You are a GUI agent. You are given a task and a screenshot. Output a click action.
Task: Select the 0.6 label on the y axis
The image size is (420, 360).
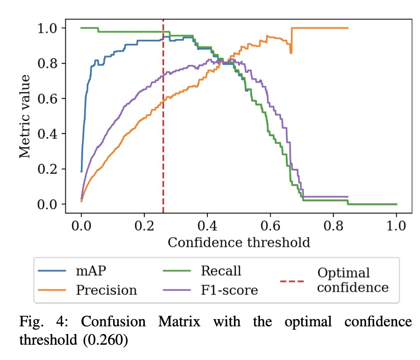click(x=49, y=98)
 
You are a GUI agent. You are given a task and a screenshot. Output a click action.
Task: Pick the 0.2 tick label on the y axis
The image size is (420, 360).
click(x=49, y=169)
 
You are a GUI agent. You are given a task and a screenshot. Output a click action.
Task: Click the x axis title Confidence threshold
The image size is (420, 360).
click(x=239, y=242)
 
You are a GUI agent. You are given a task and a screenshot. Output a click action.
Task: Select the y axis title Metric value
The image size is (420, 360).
click(x=25, y=116)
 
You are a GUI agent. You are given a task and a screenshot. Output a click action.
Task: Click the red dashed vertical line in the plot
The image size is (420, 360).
click(x=163, y=127)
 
